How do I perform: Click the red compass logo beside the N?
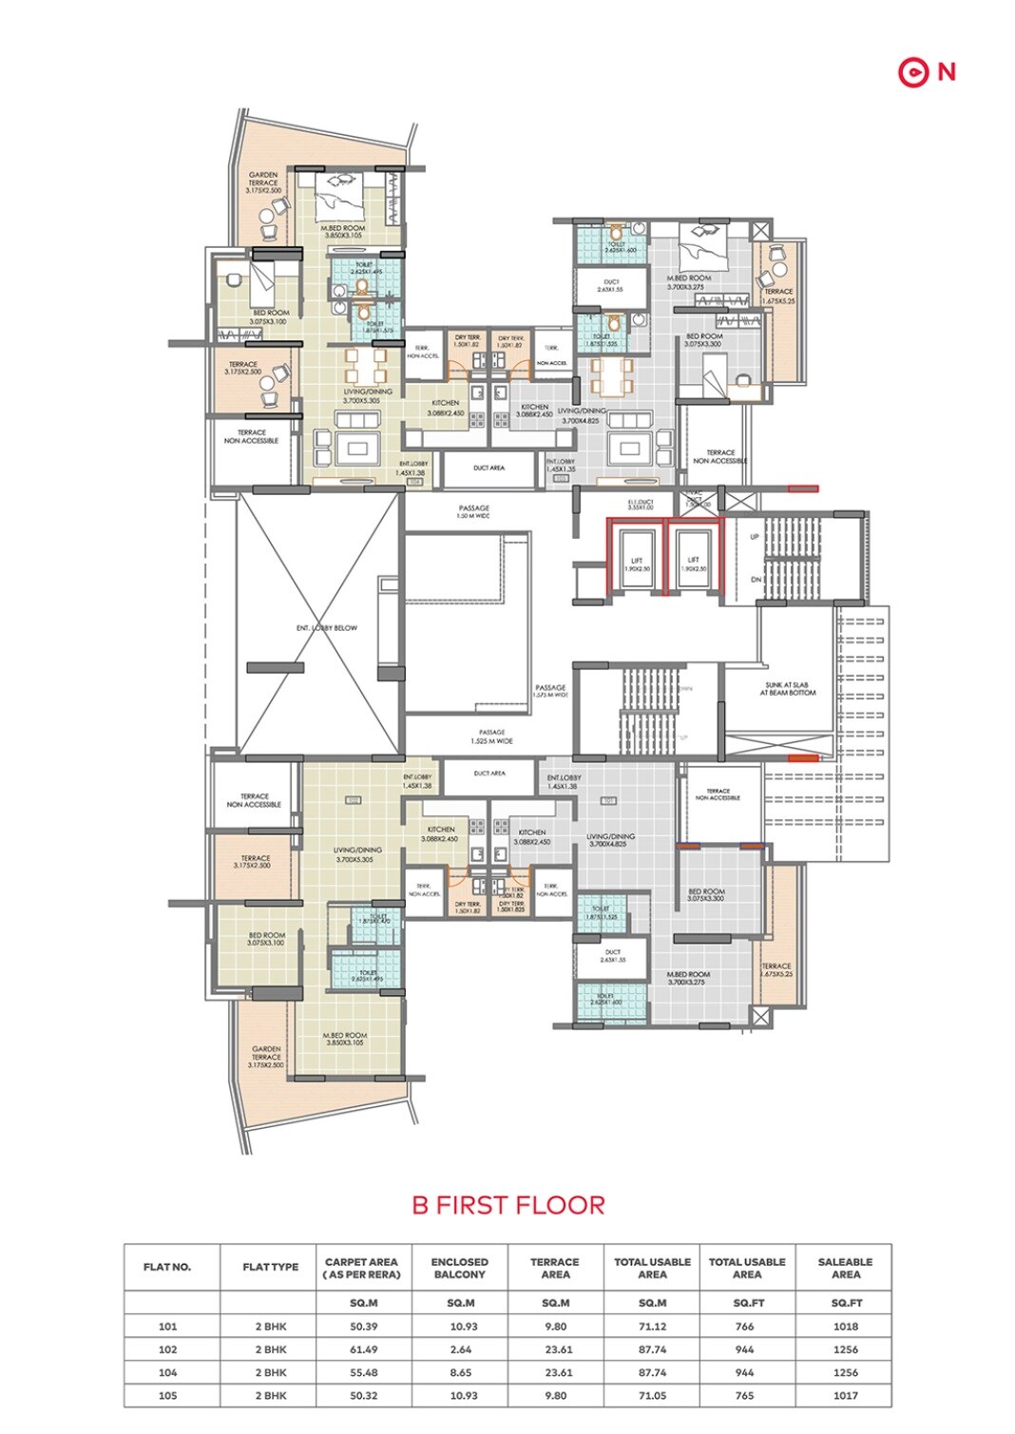tap(912, 72)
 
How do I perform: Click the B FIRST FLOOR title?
tap(508, 1205)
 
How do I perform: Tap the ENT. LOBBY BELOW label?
tap(327, 628)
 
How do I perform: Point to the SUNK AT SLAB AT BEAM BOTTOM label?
tap(787, 689)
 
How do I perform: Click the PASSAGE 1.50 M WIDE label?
tap(473, 511)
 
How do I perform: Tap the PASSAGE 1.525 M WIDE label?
tap(491, 736)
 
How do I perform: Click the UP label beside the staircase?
tap(755, 537)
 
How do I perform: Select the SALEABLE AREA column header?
tap(845, 1268)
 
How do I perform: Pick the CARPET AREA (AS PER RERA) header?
tap(362, 1268)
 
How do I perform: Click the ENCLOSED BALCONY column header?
tap(459, 1268)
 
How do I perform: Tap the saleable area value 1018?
tap(845, 1327)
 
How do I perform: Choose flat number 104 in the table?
tap(167, 1372)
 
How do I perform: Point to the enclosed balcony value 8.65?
tap(459, 1372)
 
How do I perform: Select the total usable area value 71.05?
tap(652, 1396)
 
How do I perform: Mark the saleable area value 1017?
tap(845, 1396)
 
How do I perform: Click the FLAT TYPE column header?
tap(270, 1267)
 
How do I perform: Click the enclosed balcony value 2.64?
tap(459, 1349)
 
